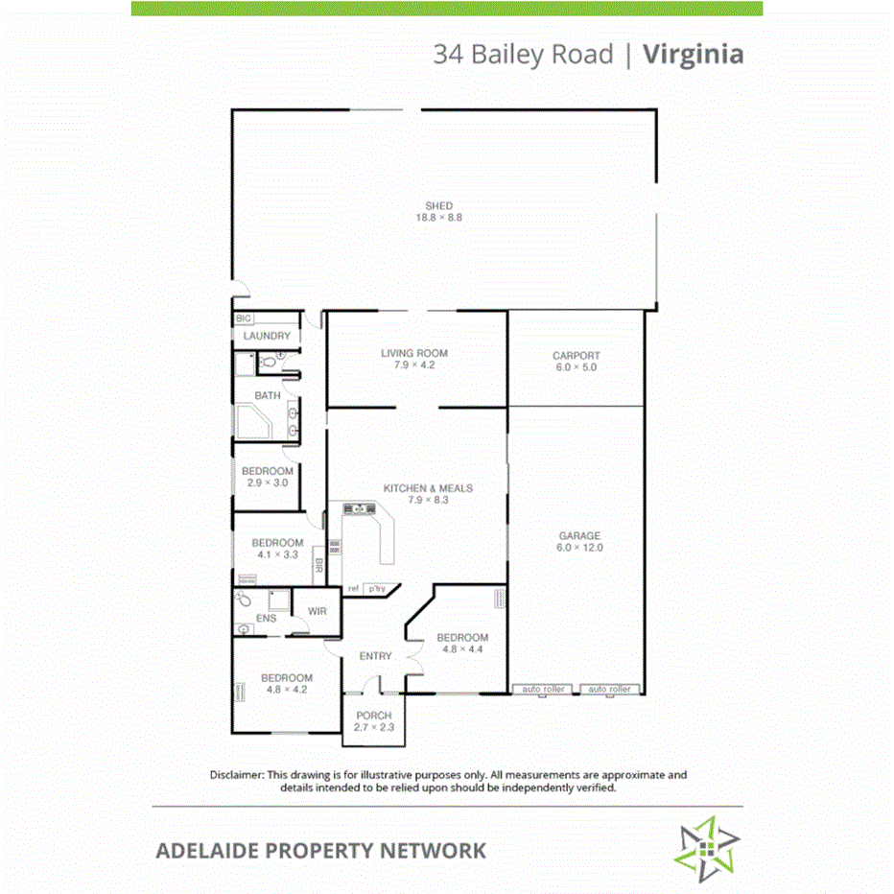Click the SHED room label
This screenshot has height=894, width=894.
438,206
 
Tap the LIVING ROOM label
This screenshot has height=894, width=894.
414,353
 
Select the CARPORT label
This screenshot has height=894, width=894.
576,356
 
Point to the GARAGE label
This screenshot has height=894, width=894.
579,536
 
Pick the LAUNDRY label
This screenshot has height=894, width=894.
267,336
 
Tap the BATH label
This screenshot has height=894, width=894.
268,395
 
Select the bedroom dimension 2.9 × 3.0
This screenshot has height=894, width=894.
267,483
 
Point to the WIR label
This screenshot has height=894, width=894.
318,611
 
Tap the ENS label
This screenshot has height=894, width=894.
267,620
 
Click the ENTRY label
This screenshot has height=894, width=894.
375,656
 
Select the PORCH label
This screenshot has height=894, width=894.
374,716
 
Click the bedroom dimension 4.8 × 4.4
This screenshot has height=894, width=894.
462,649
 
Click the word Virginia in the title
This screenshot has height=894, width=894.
693,54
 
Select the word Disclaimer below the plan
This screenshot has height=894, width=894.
236,774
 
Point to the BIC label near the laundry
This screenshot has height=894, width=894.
243,318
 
